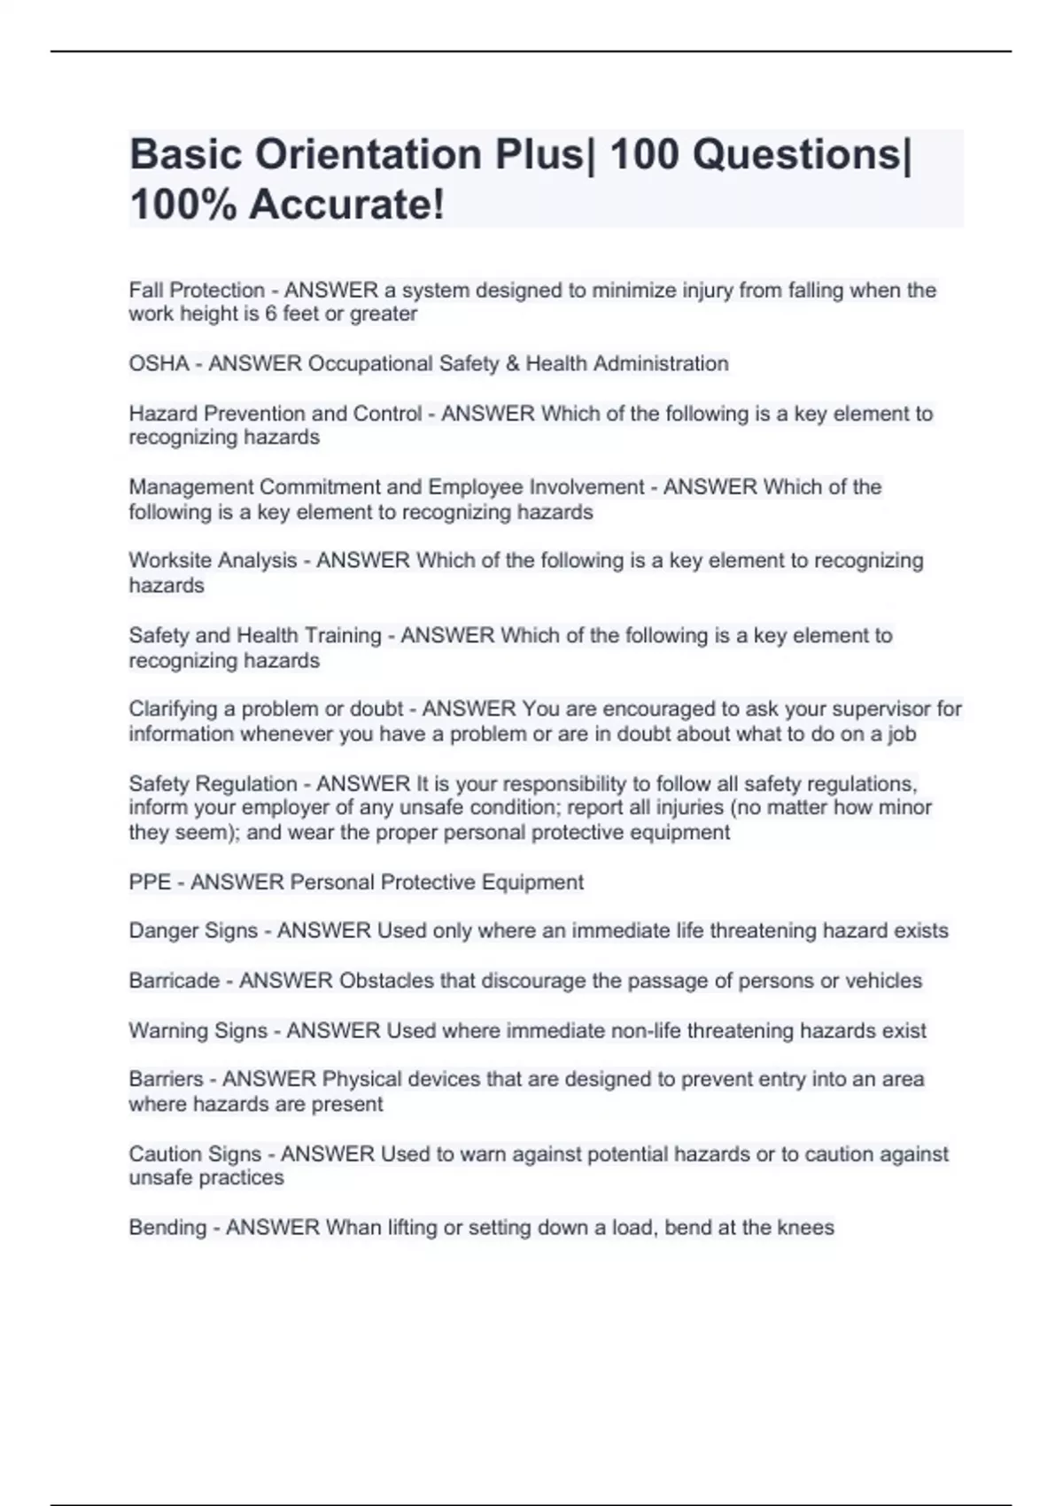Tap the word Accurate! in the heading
[x=346, y=206]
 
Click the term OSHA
[x=159, y=364]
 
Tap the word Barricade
[x=175, y=981]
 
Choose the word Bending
[x=167, y=1228]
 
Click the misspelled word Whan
[x=353, y=1228]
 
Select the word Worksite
[x=167, y=561]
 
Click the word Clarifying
[x=173, y=710]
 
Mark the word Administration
[x=661, y=364]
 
